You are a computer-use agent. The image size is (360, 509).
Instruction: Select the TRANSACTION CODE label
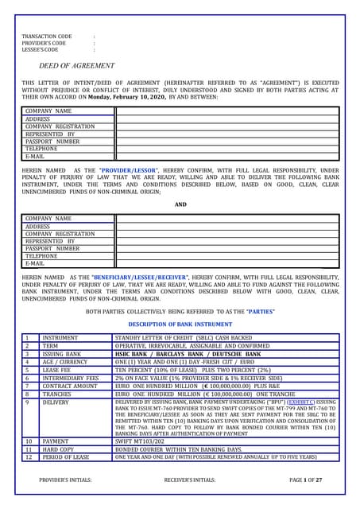tap(46, 37)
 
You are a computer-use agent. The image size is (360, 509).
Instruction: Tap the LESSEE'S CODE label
tap(40, 49)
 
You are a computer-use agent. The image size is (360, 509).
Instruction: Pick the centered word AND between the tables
tap(180, 204)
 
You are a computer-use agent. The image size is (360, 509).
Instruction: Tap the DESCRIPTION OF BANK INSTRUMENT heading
tap(180, 325)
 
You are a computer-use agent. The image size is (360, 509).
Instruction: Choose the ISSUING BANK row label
tap(63, 354)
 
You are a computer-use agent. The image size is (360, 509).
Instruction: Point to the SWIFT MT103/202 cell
tap(143, 440)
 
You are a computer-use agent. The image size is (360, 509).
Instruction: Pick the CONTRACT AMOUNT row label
tap(69, 386)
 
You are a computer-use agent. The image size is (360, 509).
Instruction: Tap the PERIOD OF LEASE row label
tap(67, 457)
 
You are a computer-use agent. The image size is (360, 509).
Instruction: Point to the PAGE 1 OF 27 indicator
tap(306, 481)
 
